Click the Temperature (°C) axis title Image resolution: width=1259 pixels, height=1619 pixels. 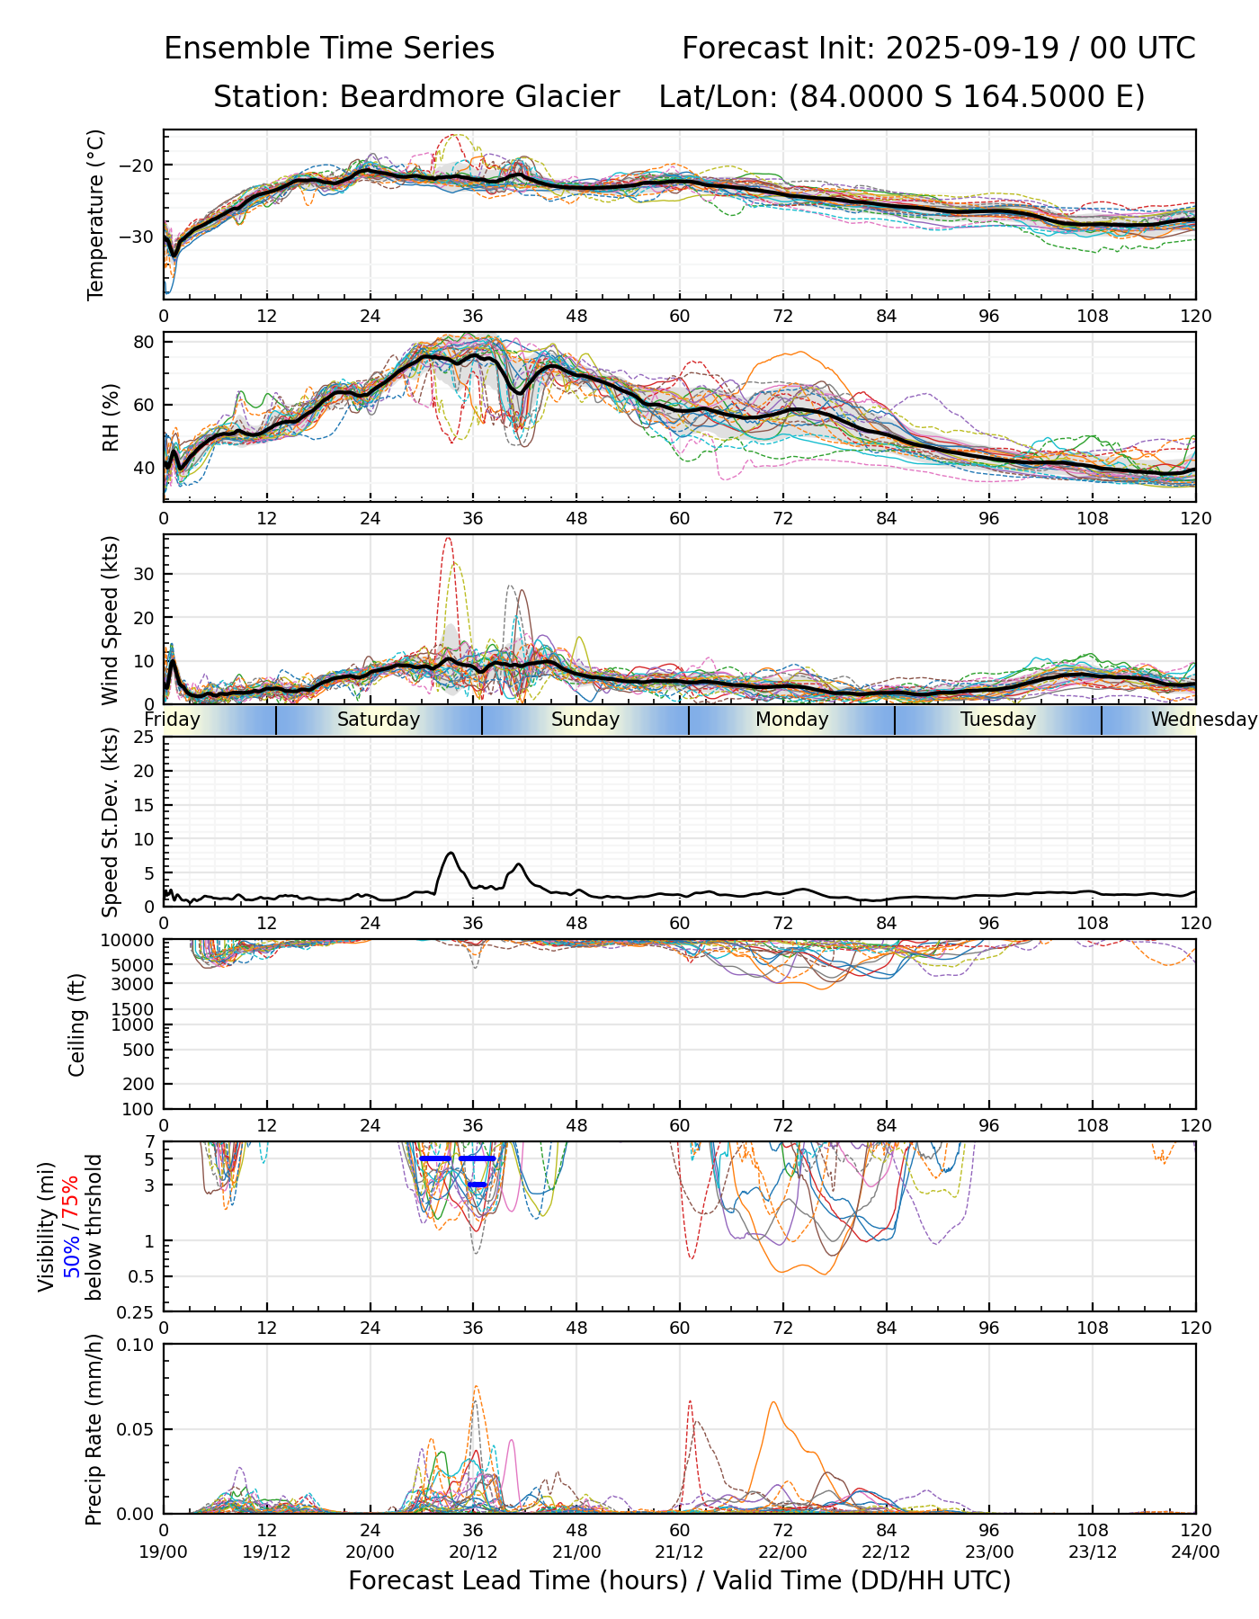pyautogui.click(x=96, y=214)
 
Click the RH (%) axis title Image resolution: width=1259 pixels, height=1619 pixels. pyautogui.click(x=111, y=416)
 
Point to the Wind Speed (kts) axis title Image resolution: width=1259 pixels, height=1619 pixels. pyautogui.click(x=110, y=620)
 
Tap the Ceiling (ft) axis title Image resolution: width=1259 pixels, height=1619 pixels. pyautogui.click(x=77, y=1024)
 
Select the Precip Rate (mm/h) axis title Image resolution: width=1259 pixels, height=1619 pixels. pyautogui.click(x=94, y=1429)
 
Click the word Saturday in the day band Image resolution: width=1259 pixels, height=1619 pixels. pyautogui.click(x=379, y=720)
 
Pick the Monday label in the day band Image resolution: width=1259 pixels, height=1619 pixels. pyautogui.click(x=791, y=720)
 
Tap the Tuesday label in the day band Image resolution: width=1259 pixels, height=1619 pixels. pyautogui.click(x=998, y=720)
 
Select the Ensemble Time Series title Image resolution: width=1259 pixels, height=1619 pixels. pyautogui.click(x=329, y=49)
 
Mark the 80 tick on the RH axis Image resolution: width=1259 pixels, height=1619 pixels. pyautogui.click(x=146, y=342)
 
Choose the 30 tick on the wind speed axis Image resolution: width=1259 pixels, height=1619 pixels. pyautogui.click(x=146, y=574)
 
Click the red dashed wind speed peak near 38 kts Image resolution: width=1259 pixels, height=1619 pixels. pyautogui.click(x=448, y=539)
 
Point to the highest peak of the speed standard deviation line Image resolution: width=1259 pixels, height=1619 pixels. pyautogui.click(x=451, y=853)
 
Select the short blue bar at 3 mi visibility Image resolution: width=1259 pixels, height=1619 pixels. pyautogui.click(x=478, y=1185)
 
